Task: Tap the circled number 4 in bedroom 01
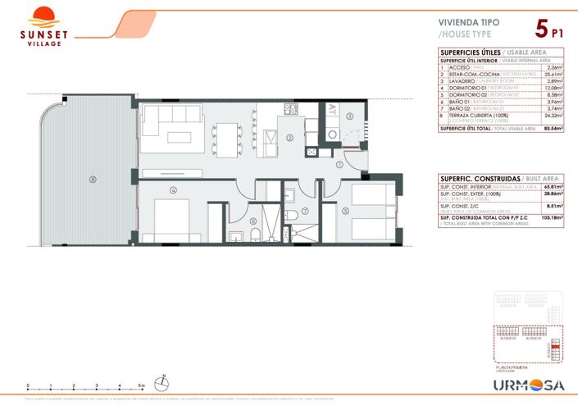coord(173,190)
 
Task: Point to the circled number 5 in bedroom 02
coord(345,212)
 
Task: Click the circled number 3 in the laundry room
coord(349,117)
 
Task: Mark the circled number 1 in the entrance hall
coord(339,164)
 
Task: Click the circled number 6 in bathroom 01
coord(253,221)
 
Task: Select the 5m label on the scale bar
coord(142,385)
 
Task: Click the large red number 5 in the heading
coord(541,30)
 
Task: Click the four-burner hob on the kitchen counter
coord(289,108)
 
